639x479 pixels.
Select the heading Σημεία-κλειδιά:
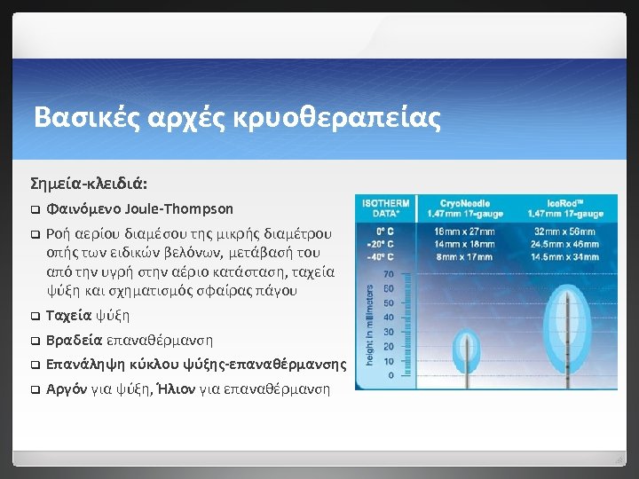point(89,184)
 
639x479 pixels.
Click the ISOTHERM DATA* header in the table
point(386,208)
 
